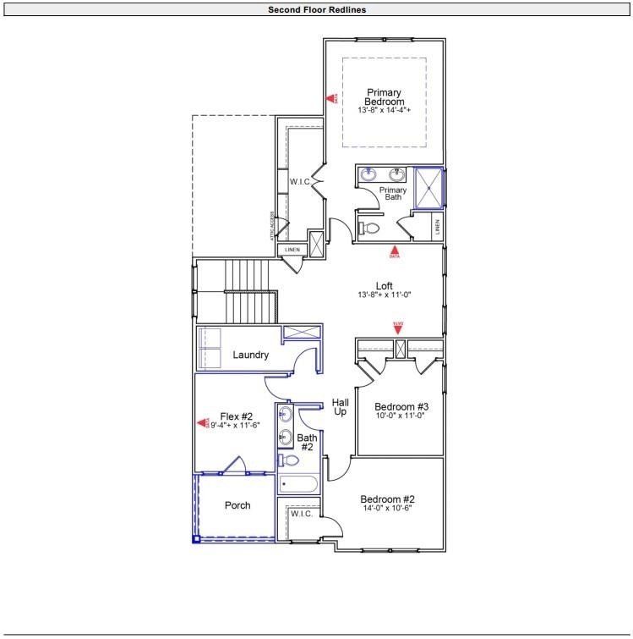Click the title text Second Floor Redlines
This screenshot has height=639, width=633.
click(x=317, y=10)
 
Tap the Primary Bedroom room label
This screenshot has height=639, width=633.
click(x=384, y=96)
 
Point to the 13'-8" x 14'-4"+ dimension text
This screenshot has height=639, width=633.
click(x=384, y=111)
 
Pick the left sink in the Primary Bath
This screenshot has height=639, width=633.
click(x=368, y=175)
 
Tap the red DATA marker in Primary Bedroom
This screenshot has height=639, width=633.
click(x=332, y=99)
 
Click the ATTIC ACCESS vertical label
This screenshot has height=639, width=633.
click(x=272, y=226)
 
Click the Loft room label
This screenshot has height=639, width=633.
click(x=385, y=285)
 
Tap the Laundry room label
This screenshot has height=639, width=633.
click(x=251, y=355)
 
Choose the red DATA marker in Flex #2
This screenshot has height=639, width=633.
click(x=203, y=422)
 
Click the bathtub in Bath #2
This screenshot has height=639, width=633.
click(x=297, y=485)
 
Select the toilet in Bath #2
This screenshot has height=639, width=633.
click(x=289, y=460)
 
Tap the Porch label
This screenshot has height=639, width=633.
click(x=237, y=506)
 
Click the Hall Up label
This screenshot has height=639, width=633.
click(x=340, y=406)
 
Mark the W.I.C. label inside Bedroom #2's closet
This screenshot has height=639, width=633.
click(x=302, y=514)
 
